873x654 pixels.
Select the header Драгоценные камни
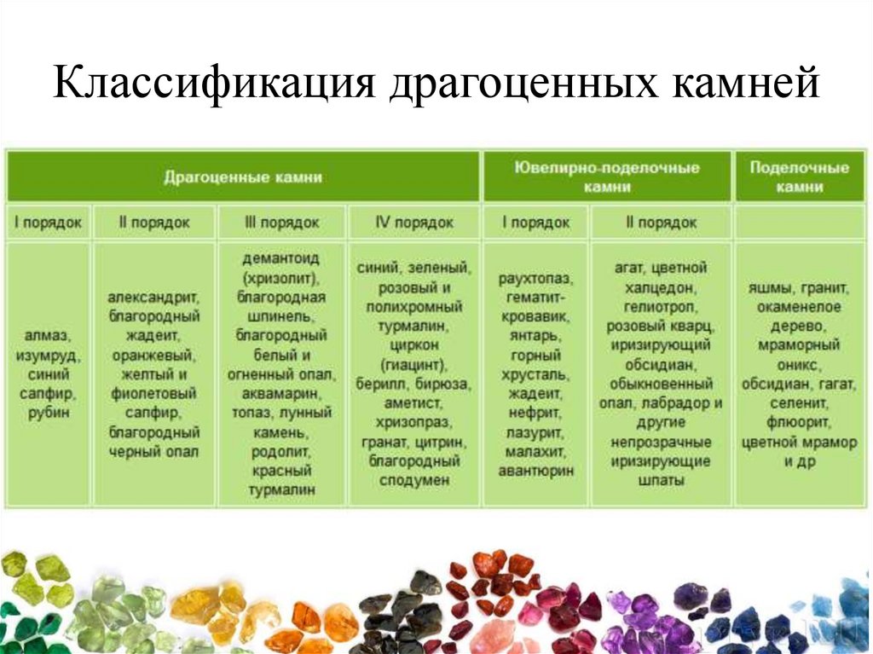pyautogui.click(x=243, y=177)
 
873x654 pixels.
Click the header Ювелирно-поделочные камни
pyautogui.click(x=607, y=177)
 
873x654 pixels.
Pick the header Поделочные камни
pyautogui.click(x=799, y=177)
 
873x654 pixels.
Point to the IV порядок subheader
pyautogui.click(x=414, y=223)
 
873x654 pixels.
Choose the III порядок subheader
pyautogui.click(x=281, y=223)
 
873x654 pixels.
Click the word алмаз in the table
pyautogui.click(x=49, y=335)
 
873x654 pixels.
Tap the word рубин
pyautogui.click(x=49, y=413)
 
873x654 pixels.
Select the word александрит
pyautogui.click(x=153, y=298)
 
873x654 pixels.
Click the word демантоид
pyautogui.click(x=281, y=259)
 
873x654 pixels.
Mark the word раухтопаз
pyautogui.click(x=536, y=279)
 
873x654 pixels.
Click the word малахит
pyautogui.click(x=536, y=451)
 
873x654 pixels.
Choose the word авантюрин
pyautogui.click(x=536, y=471)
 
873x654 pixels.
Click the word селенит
pyautogui.click(x=798, y=403)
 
